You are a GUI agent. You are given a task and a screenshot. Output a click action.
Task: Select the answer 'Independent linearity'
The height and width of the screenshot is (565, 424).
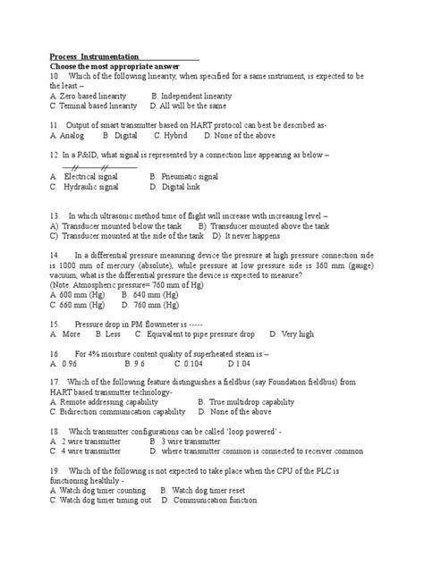click(196, 95)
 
